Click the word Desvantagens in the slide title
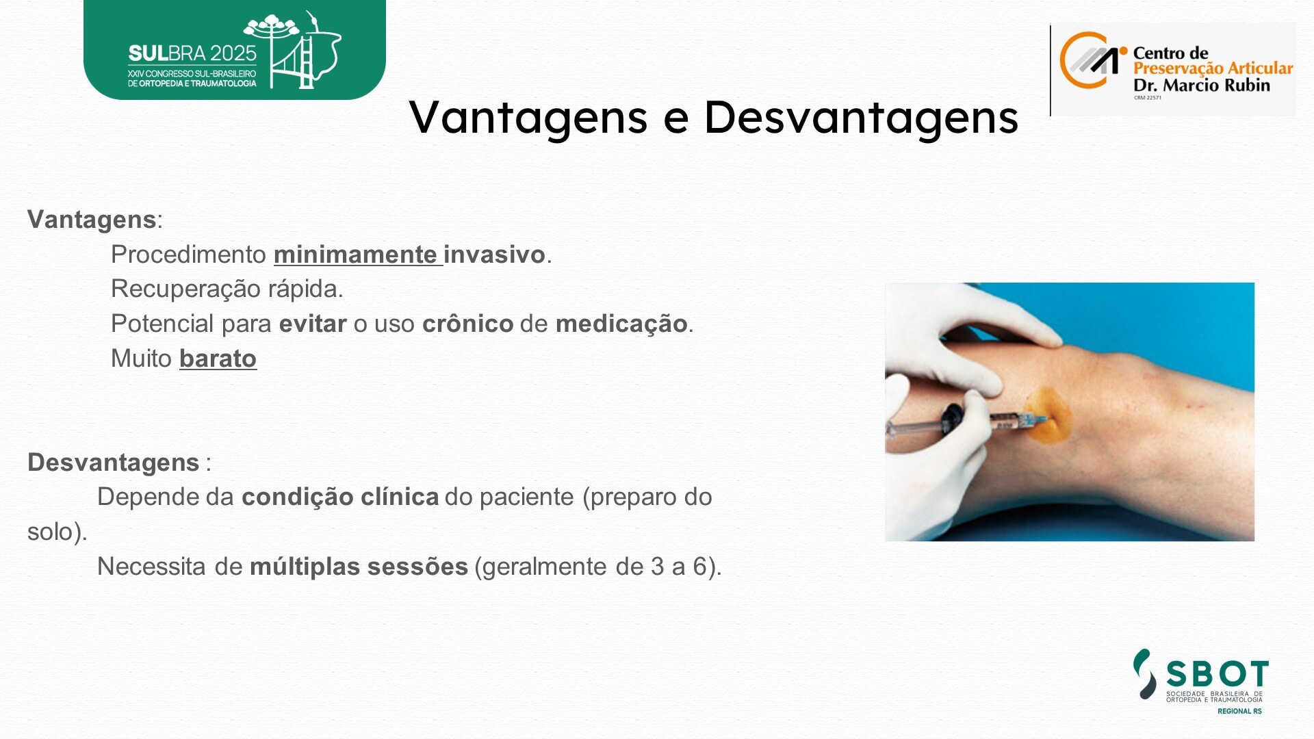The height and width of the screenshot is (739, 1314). click(862, 116)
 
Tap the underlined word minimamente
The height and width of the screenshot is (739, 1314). click(355, 255)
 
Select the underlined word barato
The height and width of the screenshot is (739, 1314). click(218, 358)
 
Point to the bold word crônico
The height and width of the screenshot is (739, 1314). click(467, 323)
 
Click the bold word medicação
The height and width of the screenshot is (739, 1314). click(621, 324)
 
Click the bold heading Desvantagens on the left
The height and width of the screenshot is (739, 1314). click(114, 463)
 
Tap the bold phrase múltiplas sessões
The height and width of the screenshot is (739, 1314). click(359, 567)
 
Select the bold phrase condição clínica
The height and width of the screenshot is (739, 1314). click(340, 497)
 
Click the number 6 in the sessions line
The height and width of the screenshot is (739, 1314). click(699, 567)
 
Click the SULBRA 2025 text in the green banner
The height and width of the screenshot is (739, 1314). click(192, 54)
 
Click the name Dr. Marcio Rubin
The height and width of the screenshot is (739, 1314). click(1201, 85)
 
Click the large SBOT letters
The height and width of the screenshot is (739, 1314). click(1218, 674)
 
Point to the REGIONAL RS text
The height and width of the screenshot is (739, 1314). click(1239, 712)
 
